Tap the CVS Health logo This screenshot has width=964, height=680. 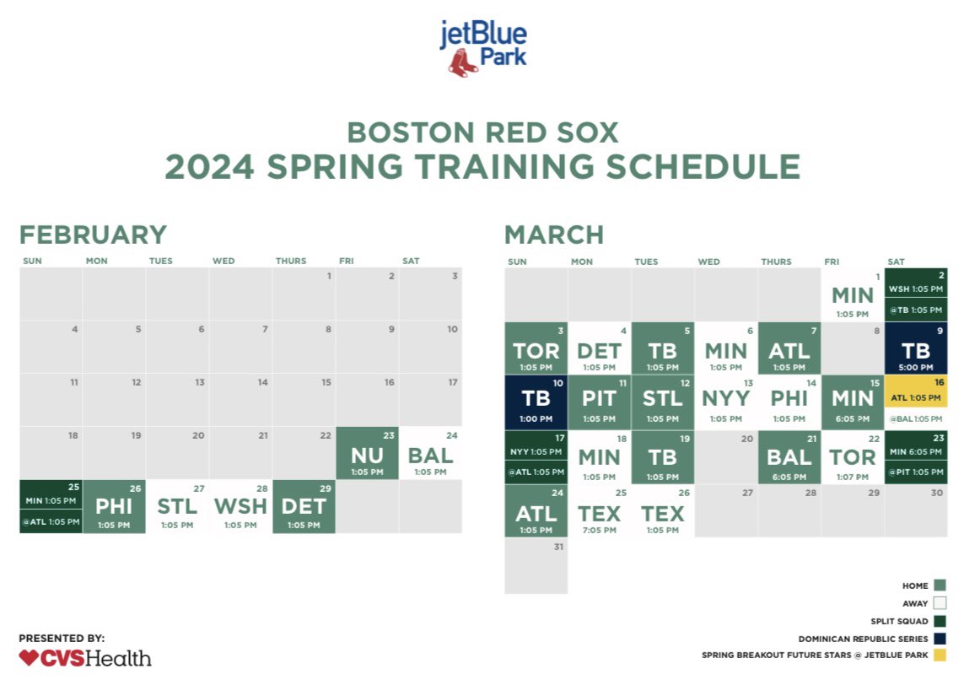(x=85, y=657)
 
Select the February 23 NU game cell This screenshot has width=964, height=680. (x=367, y=453)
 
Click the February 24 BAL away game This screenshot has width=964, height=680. (x=430, y=453)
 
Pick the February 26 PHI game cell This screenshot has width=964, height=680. (x=114, y=506)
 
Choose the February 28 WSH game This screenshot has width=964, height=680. (x=240, y=506)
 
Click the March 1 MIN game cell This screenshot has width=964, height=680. (x=853, y=294)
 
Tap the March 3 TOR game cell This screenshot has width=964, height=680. (x=536, y=348)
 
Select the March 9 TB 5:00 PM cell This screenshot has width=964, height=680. (x=916, y=348)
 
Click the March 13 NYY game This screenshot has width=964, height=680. (x=726, y=401)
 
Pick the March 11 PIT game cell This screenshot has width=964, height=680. (x=600, y=401)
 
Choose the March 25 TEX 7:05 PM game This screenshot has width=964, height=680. (x=600, y=511)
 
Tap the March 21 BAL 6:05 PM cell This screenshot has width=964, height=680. (x=789, y=456)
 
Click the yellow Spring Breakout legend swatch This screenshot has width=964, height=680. (x=940, y=655)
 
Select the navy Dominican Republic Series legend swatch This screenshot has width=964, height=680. (x=940, y=639)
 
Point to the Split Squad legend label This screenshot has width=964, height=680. (x=899, y=621)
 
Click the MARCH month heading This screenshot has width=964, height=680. (x=554, y=235)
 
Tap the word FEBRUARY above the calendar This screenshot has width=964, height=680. (x=93, y=235)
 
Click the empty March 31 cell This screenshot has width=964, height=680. (x=536, y=566)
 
